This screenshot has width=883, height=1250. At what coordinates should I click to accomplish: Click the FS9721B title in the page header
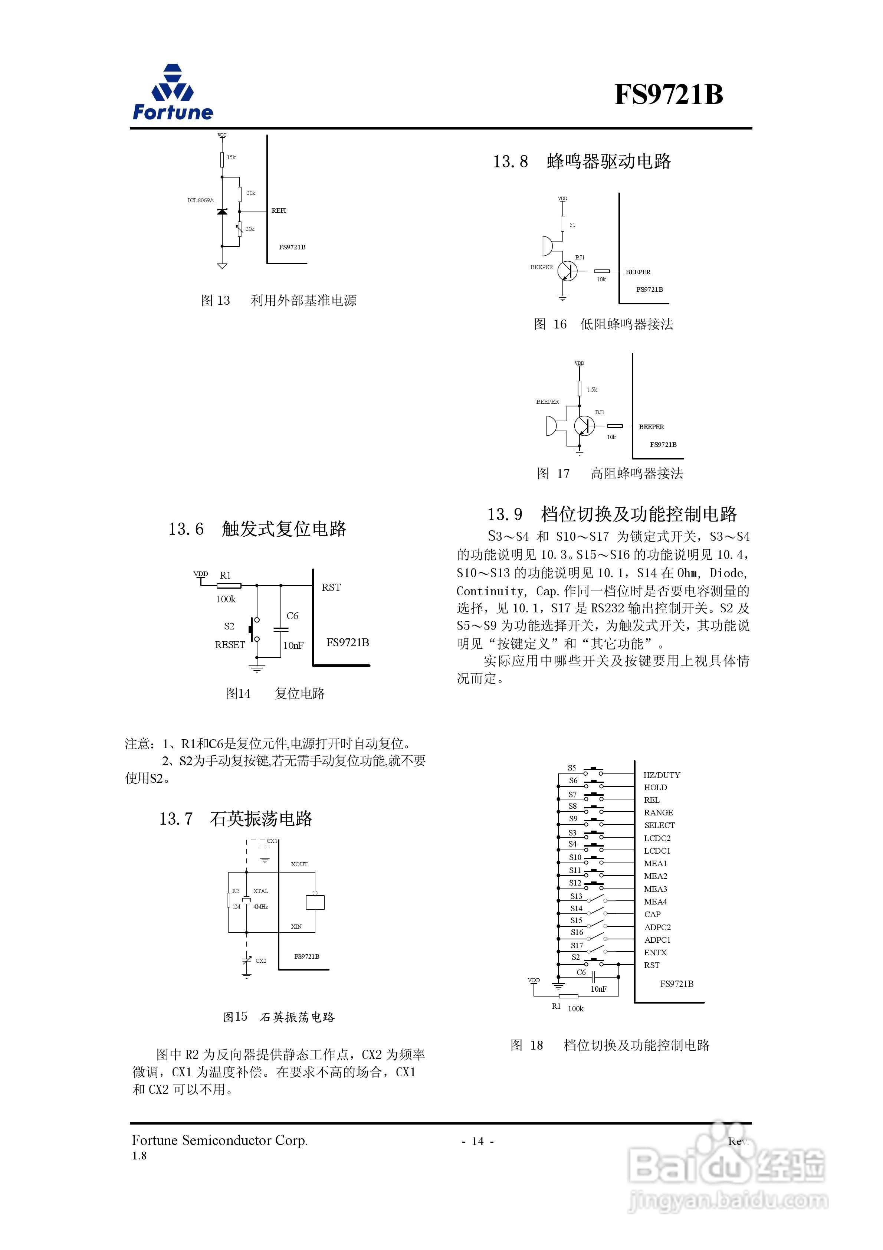coord(669,94)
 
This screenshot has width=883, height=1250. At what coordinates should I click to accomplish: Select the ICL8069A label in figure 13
coord(200,200)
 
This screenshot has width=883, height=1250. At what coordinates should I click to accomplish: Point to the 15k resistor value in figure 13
coord(232,157)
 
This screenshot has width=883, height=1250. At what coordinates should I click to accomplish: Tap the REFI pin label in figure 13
coord(279,211)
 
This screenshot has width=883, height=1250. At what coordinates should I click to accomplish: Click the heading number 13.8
coord(510,162)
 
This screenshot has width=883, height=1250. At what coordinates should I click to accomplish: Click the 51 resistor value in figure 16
coord(572,225)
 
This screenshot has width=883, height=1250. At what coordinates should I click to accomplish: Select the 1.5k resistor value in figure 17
coord(592,390)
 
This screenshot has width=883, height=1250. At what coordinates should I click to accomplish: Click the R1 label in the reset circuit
coord(225,576)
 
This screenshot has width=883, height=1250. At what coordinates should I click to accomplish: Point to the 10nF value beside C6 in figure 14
coord(293,646)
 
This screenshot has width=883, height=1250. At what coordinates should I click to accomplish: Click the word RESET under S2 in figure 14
coord(230,645)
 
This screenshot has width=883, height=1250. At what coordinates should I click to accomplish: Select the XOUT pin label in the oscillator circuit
coord(299,864)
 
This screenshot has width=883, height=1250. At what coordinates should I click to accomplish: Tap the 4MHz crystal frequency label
coord(260,906)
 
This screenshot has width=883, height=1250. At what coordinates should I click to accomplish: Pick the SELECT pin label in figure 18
coord(659,825)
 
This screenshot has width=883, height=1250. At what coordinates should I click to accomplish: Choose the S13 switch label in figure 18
coord(576,896)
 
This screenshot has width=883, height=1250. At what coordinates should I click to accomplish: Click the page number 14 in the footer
coord(478,1141)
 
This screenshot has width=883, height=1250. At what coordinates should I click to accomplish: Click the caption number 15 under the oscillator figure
coord(241,1017)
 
